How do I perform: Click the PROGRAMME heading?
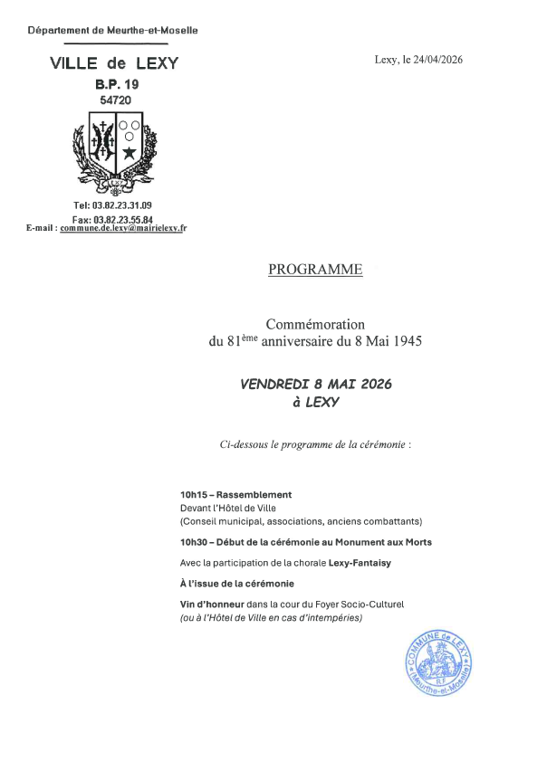click(x=315, y=270)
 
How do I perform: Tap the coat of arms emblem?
click(x=115, y=149)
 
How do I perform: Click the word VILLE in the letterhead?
click(x=75, y=63)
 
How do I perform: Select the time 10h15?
click(x=193, y=495)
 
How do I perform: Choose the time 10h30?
click(x=194, y=542)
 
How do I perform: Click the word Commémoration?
click(x=315, y=323)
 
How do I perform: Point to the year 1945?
click(x=405, y=341)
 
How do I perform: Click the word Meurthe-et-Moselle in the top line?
click(x=153, y=31)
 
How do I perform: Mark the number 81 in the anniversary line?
click(x=233, y=342)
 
